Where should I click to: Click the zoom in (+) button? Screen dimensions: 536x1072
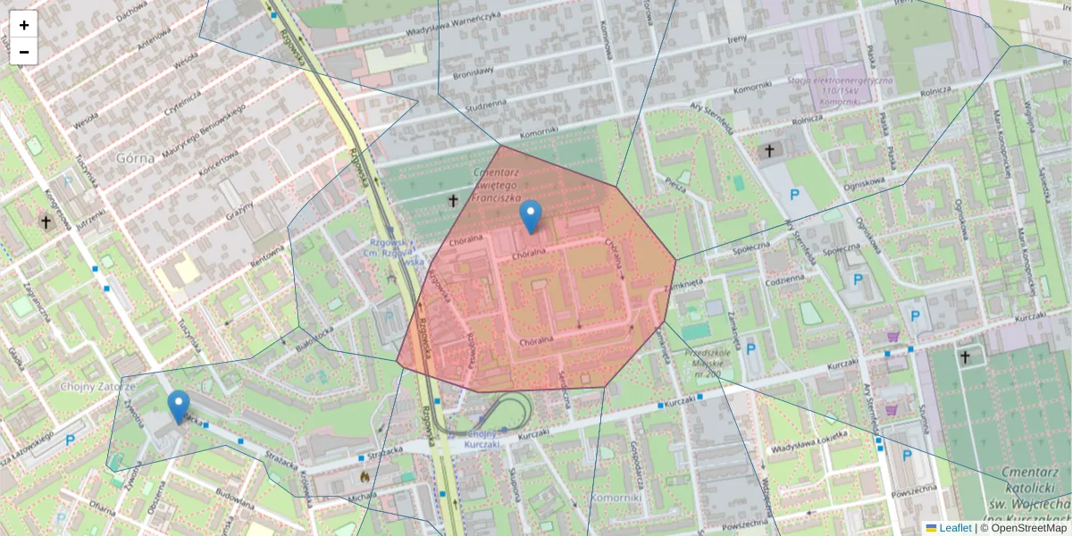click(24, 25)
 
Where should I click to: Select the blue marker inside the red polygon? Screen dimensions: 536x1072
click(531, 217)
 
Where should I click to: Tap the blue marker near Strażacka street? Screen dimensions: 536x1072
click(179, 406)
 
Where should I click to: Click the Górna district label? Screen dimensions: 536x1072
click(135, 158)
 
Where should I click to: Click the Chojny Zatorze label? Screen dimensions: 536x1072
click(97, 387)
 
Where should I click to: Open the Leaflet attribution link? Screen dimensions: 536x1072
click(955, 528)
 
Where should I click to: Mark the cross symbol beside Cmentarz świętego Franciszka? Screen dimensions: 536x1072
click(453, 201)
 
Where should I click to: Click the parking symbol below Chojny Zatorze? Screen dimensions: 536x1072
click(70, 440)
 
